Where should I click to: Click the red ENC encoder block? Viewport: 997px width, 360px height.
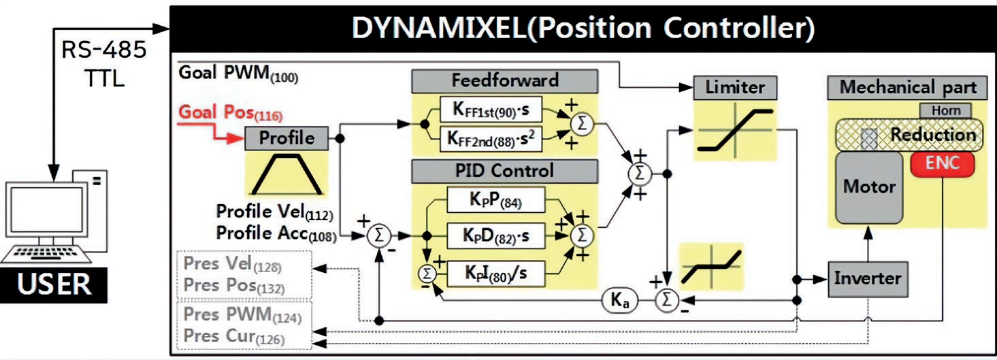pyautogui.click(x=942, y=164)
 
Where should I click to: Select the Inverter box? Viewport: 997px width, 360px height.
pyautogui.click(x=867, y=278)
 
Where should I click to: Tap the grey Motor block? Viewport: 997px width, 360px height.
pyautogui.click(x=869, y=186)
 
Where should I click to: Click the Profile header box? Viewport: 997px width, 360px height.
pyautogui.click(x=287, y=138)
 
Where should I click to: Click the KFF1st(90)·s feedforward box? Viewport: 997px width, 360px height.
pyautogui.click(x=491, y=110)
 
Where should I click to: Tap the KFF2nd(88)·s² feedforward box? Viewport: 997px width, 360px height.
pyautogui.click(x=491, y=138)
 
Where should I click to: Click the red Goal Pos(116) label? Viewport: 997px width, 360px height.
pyautogui.click(x=230, y=114)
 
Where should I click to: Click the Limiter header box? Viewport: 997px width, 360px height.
pyautogui.click(x=734, y=87)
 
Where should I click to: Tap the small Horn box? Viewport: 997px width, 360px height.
pyautogui.click(x=945, y=110)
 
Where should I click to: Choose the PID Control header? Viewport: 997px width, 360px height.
pyautogui.click(x=504, y=170)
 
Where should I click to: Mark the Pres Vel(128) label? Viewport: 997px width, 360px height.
pyautogui.click(x=232, y=264)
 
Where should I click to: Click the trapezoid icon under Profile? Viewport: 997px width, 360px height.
pyautogui.click(x=287, y=174)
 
